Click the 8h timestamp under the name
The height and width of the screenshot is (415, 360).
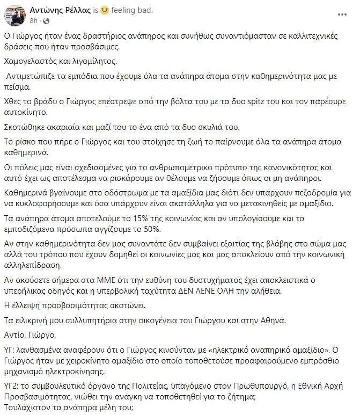(33, 20)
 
